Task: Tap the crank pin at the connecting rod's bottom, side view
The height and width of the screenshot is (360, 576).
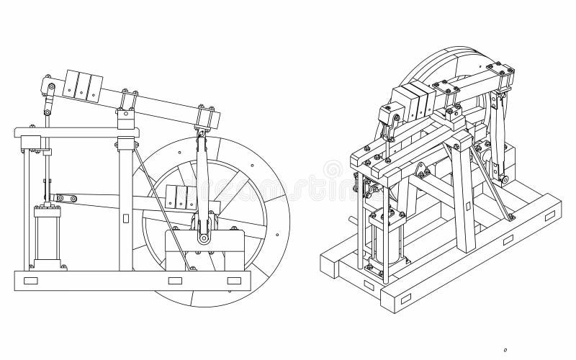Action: click(x=204, y=238)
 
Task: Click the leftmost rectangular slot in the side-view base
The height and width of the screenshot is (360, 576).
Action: click(x=30, y=281)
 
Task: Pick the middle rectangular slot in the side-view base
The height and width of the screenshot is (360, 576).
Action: click(x=175, y=281)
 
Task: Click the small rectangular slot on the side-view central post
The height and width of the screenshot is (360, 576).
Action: click(x=126, y=217)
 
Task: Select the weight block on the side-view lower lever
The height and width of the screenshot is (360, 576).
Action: click(x=181, y=197)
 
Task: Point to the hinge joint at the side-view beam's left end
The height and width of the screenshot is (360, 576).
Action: click(x=49, y=88)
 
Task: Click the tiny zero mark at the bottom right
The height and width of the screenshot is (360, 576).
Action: click(x=506, y=349)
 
